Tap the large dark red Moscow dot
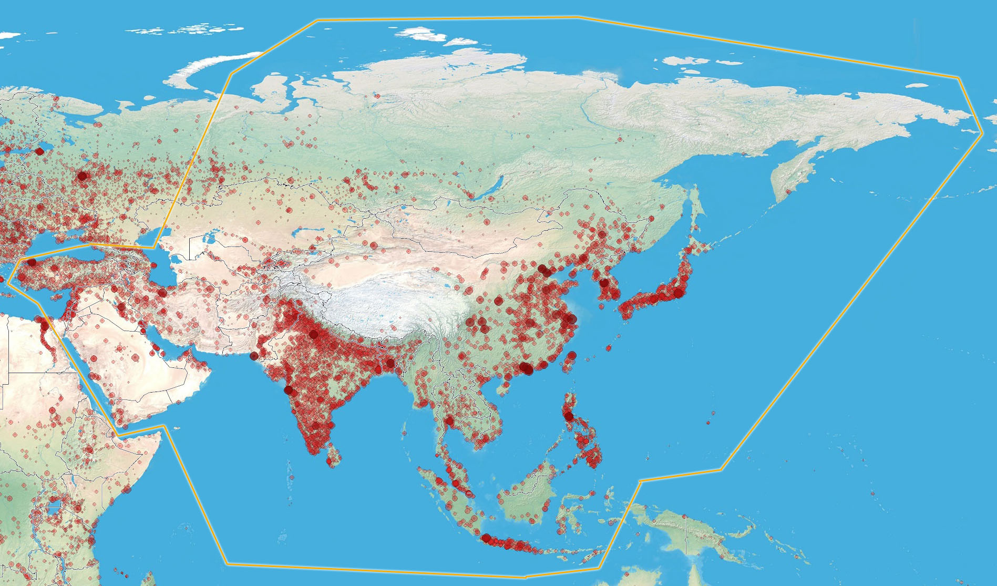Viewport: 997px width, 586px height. click(x=82, y=176)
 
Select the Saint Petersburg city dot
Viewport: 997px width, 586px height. click(x=40, y=151)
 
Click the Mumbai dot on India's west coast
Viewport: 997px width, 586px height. click(x=288, y=390)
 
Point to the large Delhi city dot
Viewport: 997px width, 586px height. click(x=314, y=334)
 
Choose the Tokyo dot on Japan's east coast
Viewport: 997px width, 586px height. click(x=679, y=293)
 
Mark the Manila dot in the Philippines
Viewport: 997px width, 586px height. click(x=569, y=417)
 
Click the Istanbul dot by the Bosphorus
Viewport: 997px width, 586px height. click(x=32, y=262)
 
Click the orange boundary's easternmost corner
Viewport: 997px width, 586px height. click(x=982, y=133)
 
